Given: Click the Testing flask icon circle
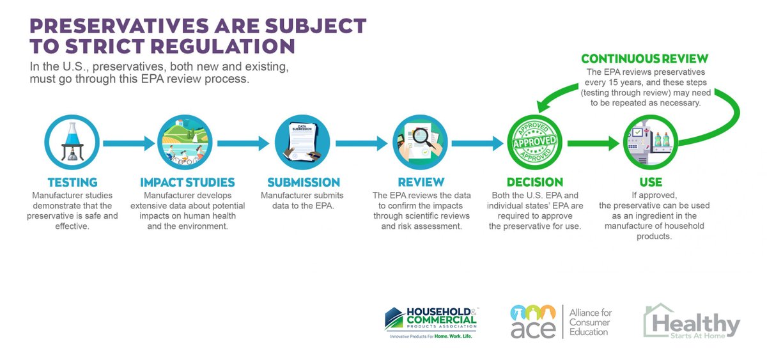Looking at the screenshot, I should point(71,142).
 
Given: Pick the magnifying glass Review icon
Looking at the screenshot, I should point(419,142).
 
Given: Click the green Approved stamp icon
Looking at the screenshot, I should point(535,142).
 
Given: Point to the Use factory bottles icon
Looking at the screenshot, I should point(651,142).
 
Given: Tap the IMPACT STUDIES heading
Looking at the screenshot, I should point(187,182).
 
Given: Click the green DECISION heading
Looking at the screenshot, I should point(534,182).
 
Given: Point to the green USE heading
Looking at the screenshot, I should point(650,182).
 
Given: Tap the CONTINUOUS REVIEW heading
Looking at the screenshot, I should point(644,59).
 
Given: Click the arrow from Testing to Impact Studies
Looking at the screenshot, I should point(128,142).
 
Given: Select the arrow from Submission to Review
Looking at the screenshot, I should point(361,142).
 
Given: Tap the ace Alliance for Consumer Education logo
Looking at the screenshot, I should point(561,322).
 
